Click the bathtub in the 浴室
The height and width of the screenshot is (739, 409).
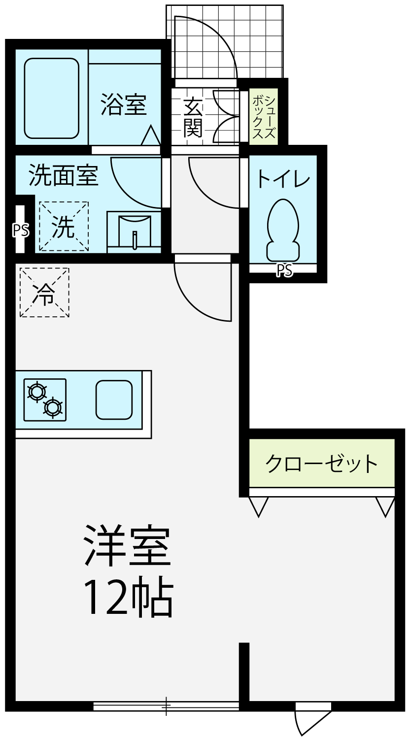[x=51, y=98]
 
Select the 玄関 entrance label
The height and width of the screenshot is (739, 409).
[x=193, y=117]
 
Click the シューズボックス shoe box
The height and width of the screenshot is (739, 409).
[x=264, y=116]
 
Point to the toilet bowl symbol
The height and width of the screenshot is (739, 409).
[x=283, y=229]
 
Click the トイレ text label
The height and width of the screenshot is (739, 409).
[x=283, y=179]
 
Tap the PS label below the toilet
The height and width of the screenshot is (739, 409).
[x=284, y=270]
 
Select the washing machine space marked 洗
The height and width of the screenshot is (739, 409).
[x=64, y=227]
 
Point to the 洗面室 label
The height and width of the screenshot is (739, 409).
[x=64, y=175]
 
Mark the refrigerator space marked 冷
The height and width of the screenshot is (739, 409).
[x=44, y=292]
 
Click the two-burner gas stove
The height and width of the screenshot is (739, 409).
[x=45, y=400]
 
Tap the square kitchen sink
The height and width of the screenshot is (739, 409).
[x=114, y=399]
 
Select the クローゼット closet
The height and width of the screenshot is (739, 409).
[x=322, y=463]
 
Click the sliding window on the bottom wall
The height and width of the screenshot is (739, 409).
[x=166, y=706]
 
